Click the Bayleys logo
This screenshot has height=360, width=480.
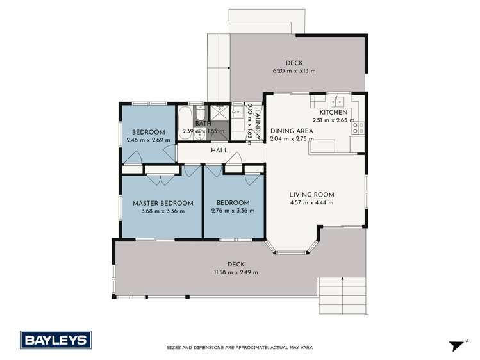tap(56, 340)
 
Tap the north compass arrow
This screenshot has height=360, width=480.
tap(457, 345)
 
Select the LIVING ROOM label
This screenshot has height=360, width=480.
tap(311, 195)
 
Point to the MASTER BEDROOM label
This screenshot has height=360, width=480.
tap(163, 203)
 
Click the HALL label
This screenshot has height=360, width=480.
tap(220, 151)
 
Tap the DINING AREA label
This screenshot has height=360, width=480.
tap(292, 131)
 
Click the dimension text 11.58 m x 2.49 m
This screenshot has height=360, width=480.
tap(236, 272)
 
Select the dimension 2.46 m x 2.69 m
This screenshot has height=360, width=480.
tap(148, 140)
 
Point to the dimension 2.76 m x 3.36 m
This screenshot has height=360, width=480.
tap(233, 211)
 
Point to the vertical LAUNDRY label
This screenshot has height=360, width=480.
tap(258, 122)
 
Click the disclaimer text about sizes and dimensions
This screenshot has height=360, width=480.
tap(240, 348)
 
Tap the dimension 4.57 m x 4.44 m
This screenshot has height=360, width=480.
tap(311, 203)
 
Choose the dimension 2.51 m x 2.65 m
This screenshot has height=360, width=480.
tap(333, 120)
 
